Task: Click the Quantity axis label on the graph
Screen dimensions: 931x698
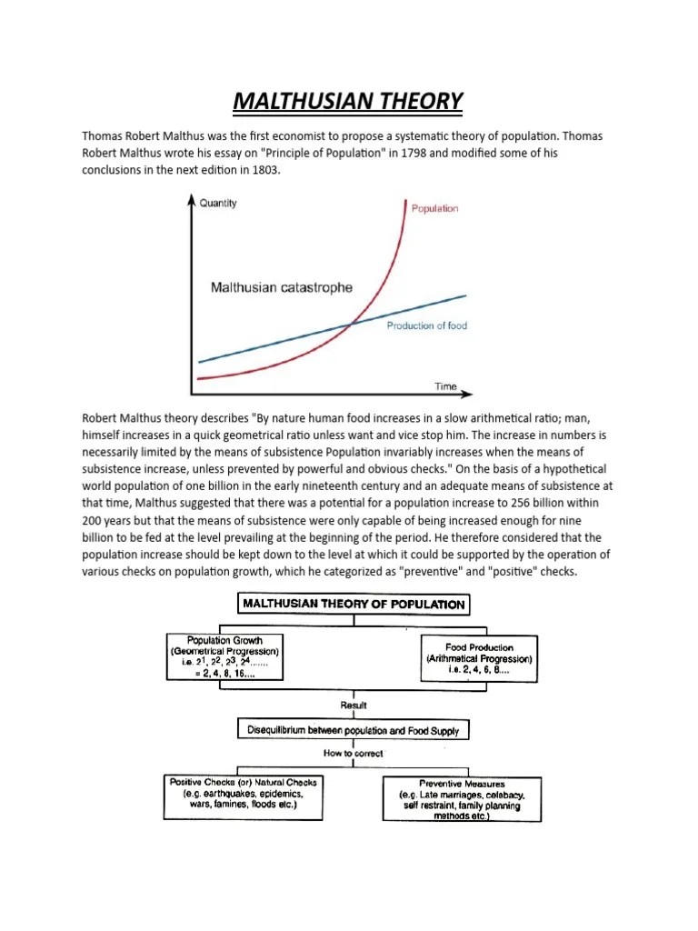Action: click(x=217, y=203)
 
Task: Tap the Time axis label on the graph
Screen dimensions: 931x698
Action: click(x=445, y=386)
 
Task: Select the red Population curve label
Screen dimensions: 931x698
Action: click(x=434, y=208)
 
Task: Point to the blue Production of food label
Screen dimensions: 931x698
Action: click(x=426, y=325)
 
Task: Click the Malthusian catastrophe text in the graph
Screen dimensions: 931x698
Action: click(x=282, y=288)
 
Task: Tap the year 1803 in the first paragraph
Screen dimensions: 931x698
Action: click(x=254, y=170)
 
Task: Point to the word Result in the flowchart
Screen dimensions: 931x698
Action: click(x=353, y=705)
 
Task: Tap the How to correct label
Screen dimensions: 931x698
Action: click(x=353, y=754)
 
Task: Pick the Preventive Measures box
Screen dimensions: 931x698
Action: click(x=462, y=799)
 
